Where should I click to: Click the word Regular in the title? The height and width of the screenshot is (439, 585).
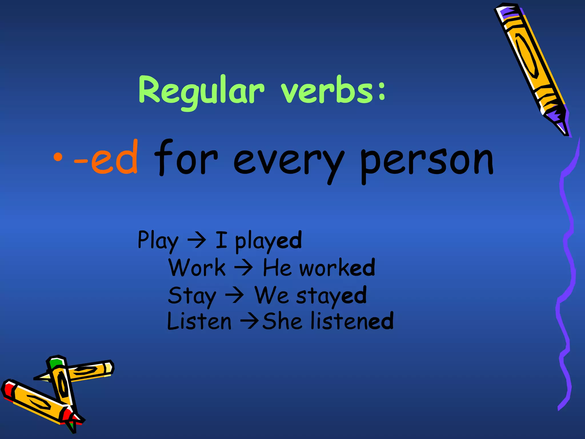(201, 91)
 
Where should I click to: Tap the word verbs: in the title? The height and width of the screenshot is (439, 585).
(333, 90)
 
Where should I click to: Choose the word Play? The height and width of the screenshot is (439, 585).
(158, 241)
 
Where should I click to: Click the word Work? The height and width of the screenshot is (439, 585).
(197, 268)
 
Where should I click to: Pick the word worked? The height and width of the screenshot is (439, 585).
(337, 268)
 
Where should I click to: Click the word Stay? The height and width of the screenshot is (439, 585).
(192, 296)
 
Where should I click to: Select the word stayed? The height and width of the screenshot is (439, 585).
(331, 296)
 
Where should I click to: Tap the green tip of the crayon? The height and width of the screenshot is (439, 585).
(56, 363)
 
